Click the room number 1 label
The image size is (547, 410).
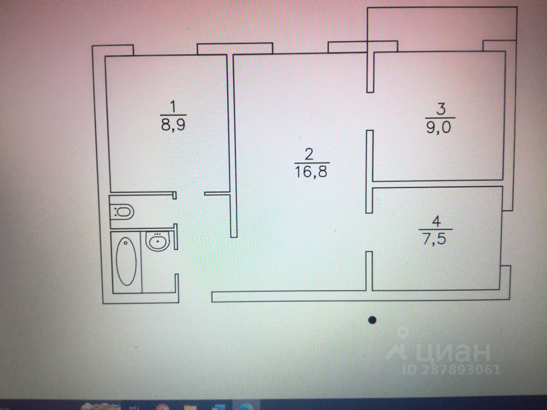coord(173,107)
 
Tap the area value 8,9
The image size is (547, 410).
coord(173,124)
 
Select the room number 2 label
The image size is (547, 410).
coord(309,154)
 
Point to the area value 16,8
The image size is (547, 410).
coord(311,171)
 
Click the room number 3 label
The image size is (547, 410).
coord(441,109)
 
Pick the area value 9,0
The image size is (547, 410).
coord(439,127)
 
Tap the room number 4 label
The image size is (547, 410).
coord(437,221)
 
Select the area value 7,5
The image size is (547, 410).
coord(434,239)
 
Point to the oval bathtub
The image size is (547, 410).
coord(126,261)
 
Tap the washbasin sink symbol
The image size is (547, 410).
coord(158,241)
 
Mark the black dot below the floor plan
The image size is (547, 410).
coord(372,320)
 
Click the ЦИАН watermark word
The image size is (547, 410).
coord(453,352)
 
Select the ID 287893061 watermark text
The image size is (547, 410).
coord(452,370)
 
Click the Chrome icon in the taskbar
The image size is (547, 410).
coord(163,406)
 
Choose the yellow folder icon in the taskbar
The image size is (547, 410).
coord(190,407)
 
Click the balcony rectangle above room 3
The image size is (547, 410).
coord(442,24)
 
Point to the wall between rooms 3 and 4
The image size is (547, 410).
coord(438,184)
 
